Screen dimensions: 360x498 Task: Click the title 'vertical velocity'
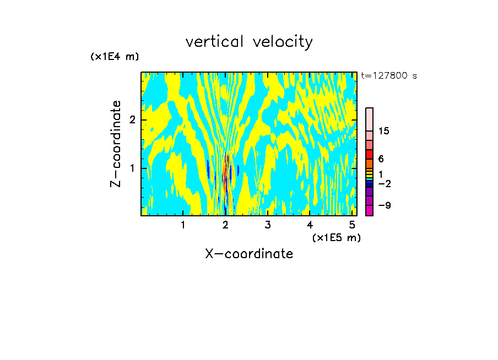click(x=249, y=42)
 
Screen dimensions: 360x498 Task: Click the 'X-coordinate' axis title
click(x=249, y=254)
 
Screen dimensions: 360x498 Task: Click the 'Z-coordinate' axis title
click(x=116, y=144)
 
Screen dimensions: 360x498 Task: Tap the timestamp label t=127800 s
click(x=389, y=76)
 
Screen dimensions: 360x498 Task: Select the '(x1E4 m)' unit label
click(x=115, y=57)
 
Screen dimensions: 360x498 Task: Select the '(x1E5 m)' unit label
click(x=336, y=237)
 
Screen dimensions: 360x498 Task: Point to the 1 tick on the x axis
click(x=183, y=225)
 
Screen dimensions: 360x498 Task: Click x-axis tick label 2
click(x=225, y=225)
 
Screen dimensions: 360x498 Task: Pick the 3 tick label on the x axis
click(x=268, y=225)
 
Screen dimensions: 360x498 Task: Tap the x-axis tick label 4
click(x=310, y=225)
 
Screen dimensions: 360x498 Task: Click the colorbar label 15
click(x=384, y=131)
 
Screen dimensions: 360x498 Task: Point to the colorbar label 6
click(x=381, y=159)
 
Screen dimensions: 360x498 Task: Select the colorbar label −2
click(x=384, y=183)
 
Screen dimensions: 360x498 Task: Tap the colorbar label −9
click(x=384, y=205)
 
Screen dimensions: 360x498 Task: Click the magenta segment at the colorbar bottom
click(x=370, y=210)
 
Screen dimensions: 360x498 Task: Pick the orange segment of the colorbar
click(x=370, y=163)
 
